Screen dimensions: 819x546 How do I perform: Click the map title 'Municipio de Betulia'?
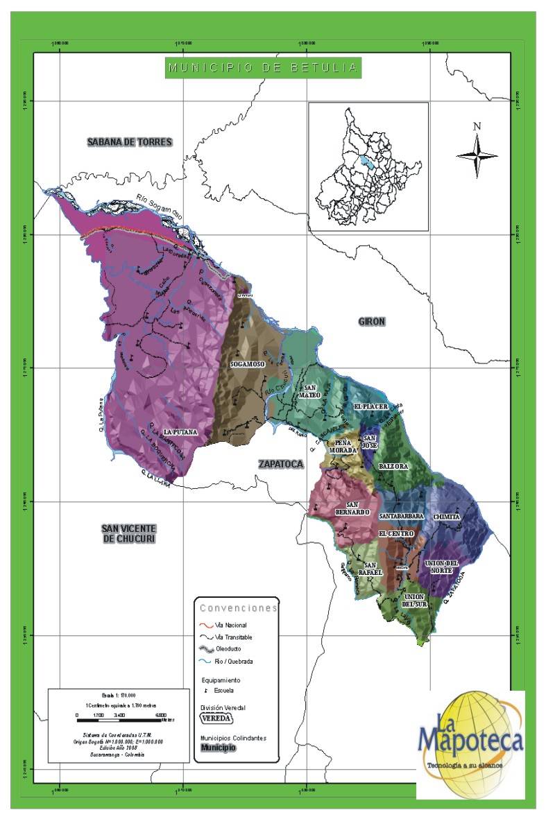pyautogui.click(x=263, y=68)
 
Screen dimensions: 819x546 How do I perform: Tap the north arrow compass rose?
pyautogui.click(x=477, y=154)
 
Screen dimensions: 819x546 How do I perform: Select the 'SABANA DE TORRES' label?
pyautogui.click(x=129, y=142)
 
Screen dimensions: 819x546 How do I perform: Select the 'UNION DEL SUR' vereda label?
pyautogui.click(x=414, y=600)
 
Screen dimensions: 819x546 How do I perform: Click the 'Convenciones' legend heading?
pyautogui.click(x=238, y=608)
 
